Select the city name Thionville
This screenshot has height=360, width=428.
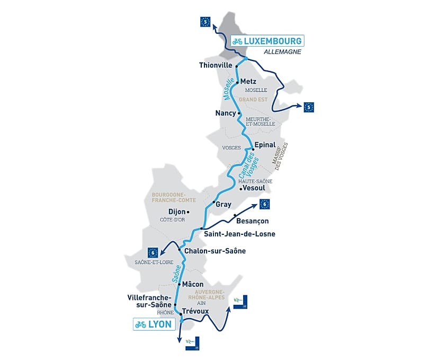[x=216, y=65]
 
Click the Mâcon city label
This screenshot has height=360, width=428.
[x=192, y=284]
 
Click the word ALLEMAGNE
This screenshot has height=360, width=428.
[x=282, y=52]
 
